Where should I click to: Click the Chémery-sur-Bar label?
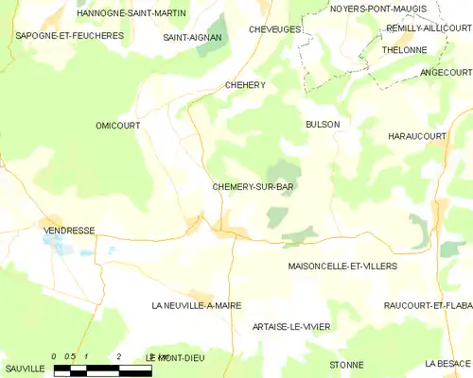coord(252,187)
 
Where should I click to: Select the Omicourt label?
coord(119,125)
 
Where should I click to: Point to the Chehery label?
coord(245,85)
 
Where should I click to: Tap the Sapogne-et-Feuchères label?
coord(56,35)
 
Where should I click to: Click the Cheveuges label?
coord(275,29)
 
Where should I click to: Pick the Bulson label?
coord(323,124)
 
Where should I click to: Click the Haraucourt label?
coord(417,137)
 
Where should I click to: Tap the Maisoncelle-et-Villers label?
coord(342,266)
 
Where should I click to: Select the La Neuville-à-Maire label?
coord(197,306)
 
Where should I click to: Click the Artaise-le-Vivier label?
coord(291,326)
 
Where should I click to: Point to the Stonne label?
coord(346,364)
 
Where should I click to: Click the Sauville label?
coord(24,367)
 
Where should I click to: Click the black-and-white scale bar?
coord(102,369)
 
